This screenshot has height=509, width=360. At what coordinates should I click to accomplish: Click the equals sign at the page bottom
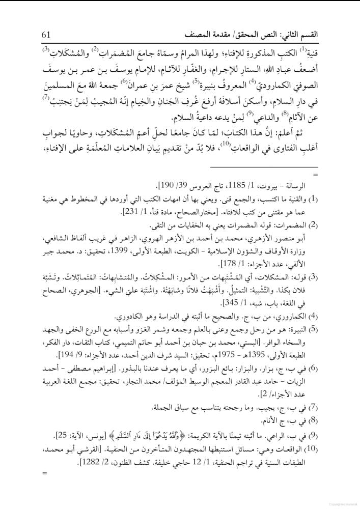coord(45,474)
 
